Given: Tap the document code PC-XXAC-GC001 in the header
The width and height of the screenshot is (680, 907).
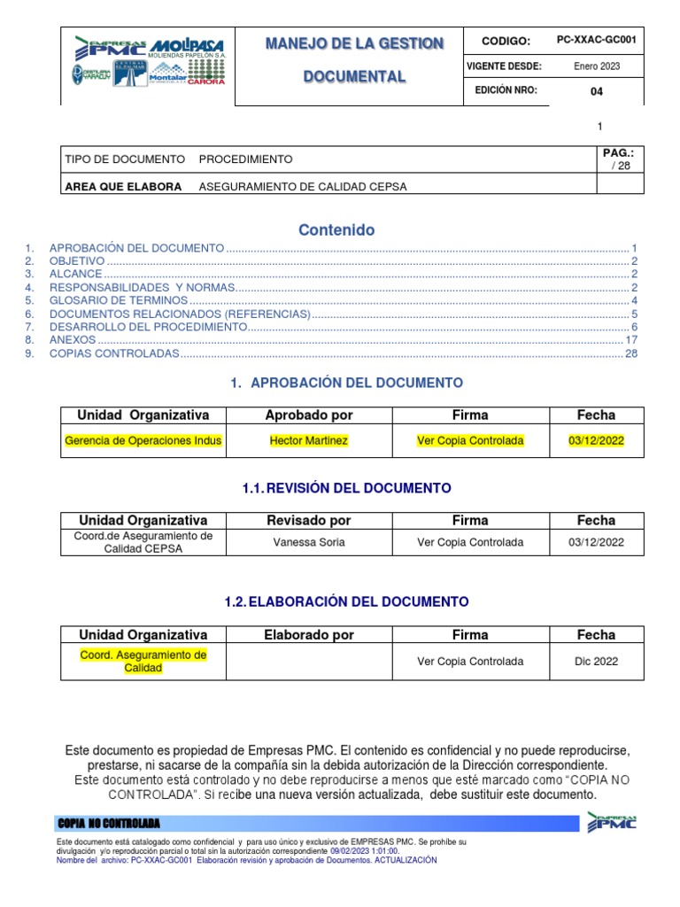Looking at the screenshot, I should click(x=596, y=41).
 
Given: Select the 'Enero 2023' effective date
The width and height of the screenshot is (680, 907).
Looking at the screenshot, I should click(x=596, y=66).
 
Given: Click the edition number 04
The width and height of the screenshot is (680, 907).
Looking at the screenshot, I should click(x=596, y=91).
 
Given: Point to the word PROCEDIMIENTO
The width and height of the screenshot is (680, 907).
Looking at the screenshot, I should click(x=245, y=159).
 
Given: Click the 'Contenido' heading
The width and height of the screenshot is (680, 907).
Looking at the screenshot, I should click(x=336, y=230).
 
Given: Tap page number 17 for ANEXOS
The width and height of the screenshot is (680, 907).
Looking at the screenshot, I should click(x=631, y=340).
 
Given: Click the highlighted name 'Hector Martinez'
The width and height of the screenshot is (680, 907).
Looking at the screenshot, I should click(x=309, y=440).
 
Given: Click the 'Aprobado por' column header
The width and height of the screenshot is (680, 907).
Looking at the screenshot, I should click(x=309, y=415).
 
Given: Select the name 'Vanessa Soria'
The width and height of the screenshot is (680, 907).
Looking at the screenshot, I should click(x=309, y=542).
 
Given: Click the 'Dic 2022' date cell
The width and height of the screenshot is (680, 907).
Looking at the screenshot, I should click(x=596, y=661).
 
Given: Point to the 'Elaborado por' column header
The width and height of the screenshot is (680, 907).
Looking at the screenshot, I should click(x=309, y=635).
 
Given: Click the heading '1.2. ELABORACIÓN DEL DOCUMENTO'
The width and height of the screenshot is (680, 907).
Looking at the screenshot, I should click(x=346, y=601).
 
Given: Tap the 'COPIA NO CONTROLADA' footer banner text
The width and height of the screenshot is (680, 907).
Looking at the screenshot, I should click(x=108, y=823).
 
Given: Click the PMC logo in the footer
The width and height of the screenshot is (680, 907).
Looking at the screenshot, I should click(x=610, y=823).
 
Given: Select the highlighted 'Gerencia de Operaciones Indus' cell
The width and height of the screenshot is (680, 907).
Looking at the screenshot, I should click(x=143, y=440).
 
